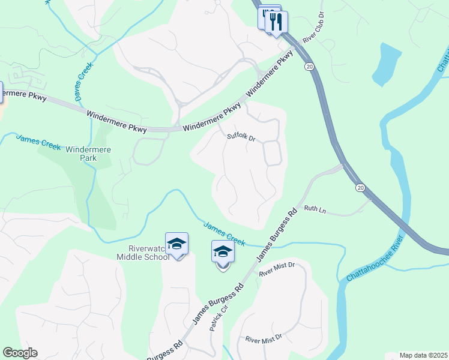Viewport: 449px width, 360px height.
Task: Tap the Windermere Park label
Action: coord(85,154)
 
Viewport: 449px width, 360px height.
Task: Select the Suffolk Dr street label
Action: coord(241,137)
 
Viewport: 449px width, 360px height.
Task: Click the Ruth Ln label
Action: coord(315,209)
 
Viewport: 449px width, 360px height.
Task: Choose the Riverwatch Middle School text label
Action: coord(143,253)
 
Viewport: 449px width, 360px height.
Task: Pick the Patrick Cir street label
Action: coord(217,318)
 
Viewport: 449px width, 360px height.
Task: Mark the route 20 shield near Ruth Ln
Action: coord(360,188)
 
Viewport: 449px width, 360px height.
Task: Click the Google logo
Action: coord(20,353)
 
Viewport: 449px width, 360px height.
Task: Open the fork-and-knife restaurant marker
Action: coord(276,22)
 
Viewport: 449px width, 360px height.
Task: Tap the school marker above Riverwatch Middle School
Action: coord(176,244)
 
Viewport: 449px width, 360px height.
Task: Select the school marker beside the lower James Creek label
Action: coord(223,253)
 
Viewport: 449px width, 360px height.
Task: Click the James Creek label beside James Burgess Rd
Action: coord(224,234)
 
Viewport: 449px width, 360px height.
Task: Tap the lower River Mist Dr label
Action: coord(263,339)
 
